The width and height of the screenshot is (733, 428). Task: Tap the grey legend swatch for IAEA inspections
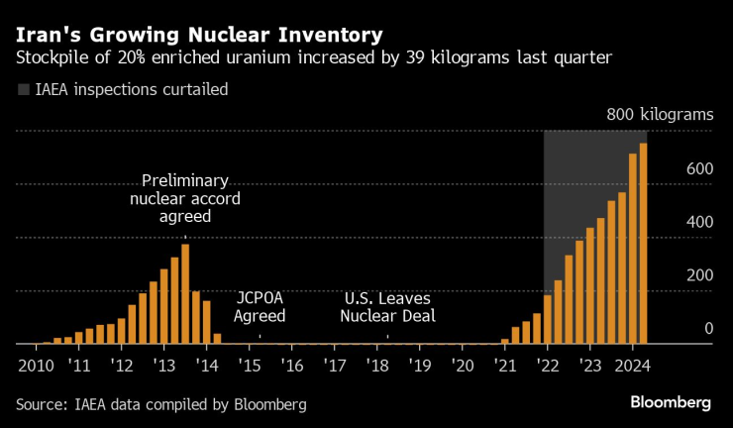pyautogui.click(x=23, y=90)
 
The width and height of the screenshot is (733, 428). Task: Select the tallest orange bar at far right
pyautogui.click(x=644, y=244)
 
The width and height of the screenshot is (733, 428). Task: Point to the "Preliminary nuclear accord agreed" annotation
pyautogui.click(x=185, y=198)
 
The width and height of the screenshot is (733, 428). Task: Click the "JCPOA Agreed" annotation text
pyautogui.click(x=260, y=307)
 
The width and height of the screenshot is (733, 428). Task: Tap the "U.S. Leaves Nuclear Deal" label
pyautogui.click(x=387, y=307)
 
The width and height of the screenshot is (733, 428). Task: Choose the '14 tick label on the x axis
pyautogui.click(x=207, y=365)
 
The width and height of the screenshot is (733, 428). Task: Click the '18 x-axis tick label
pyautogui.click(x=377, y=365)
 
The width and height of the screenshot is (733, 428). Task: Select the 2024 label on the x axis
pyautogui.click(x=631, y=365)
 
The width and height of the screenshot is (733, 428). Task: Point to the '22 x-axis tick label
pyautogui.click(x=547, y=365)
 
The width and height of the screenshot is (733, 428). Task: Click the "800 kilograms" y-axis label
pyautogui.click(x=660, y=115)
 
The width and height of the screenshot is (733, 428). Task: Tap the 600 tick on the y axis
pyautogui.click(x=699, y=169)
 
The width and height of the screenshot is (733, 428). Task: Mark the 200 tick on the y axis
pyautogui.click(x=699, y=275)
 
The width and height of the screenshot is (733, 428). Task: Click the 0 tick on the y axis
pyautogui.click(x=708, y=329)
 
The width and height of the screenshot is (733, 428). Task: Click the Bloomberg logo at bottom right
pyautogui.click(x=671, y=403)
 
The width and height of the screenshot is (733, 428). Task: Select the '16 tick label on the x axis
pyautogui.click(x=292, y=365)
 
